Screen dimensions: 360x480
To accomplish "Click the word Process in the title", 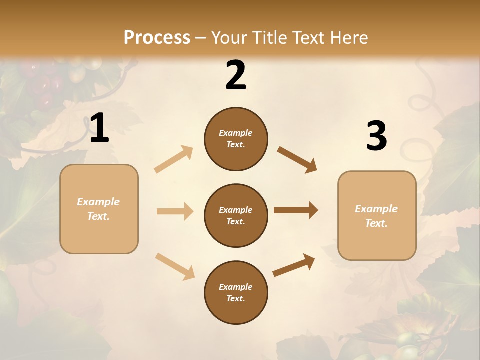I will point(157,37).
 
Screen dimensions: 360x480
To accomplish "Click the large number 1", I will point(99,128).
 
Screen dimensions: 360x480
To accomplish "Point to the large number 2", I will point(236,75).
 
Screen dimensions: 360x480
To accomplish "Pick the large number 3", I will point(376,136).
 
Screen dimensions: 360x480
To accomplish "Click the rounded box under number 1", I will point(99,209).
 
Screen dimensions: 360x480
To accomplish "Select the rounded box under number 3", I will point(377,216).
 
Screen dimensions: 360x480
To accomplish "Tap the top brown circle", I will point(236,139).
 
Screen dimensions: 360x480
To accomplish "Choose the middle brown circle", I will point(236,216).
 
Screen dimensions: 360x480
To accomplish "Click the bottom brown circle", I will point(236,293).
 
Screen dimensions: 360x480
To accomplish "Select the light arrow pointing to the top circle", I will point(174,159).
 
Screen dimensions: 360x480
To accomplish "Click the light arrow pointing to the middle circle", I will point(175,211).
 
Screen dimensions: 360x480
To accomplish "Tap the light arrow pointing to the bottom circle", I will point(175,266).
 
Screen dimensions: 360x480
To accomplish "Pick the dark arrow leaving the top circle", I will point(297,160).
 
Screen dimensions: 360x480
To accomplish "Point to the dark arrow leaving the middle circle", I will point(296,210).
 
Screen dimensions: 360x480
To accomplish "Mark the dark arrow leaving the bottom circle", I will point(294,265).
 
